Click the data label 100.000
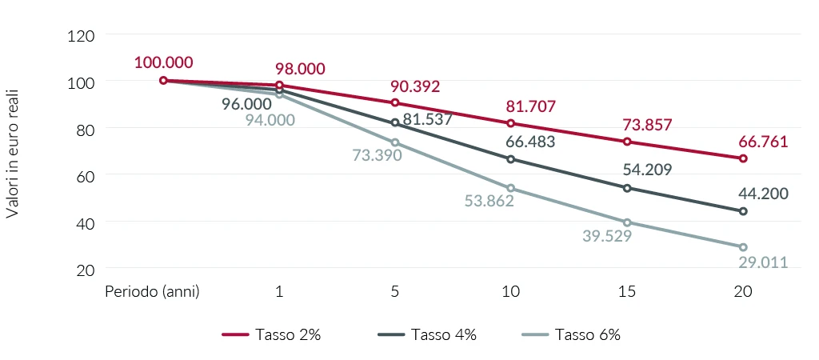click(x=163, y=62)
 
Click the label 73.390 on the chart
click(x=377, y=154)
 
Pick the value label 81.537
click(x=428, y=119)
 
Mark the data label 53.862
click(x=489, y=201)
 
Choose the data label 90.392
click(x=415, y=86)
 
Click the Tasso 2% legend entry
click(x=271, y=335)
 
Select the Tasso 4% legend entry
click(x=428, y=335)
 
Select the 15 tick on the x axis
click(x=627, y=291)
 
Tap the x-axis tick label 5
click(x=395, y=291)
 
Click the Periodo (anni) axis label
click(x=152, y=291)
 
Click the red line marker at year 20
click(x=743, y=158)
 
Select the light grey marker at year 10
click(x=511, y=189)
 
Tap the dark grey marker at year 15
click(x=627, y=188)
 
